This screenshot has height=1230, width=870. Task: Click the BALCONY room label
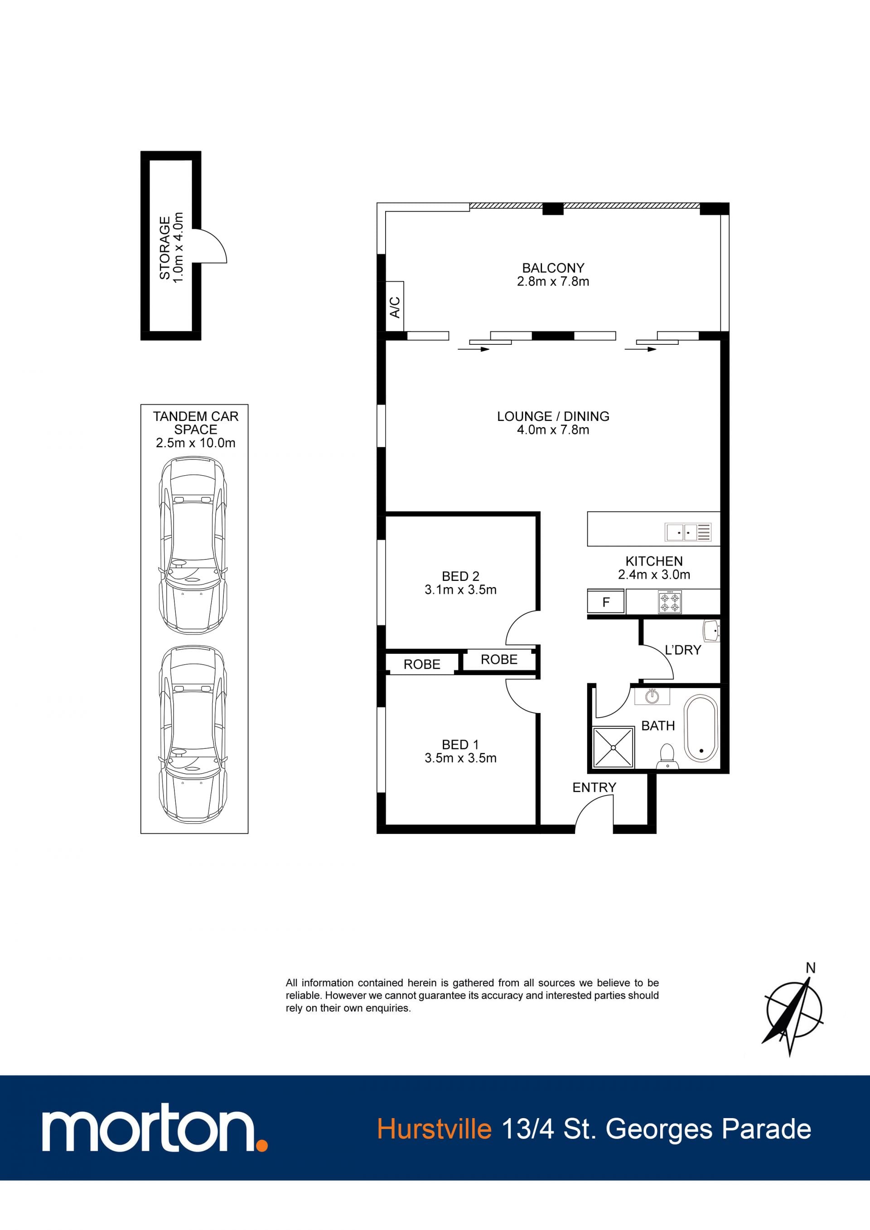[x=553, y=267]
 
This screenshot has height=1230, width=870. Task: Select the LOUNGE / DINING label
[x=553, y=416]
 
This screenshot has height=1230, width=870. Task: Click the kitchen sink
[x=688, y=532]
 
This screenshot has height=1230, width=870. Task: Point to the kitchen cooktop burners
[x=670, y=602]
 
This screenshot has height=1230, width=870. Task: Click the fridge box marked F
[x=606, y=602]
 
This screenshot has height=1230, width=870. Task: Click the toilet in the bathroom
[x=667, y=756]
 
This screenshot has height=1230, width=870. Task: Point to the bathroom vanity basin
[x=652, y=696]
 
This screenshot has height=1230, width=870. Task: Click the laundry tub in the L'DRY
[x=712, y=631]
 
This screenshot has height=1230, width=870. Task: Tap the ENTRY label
[x=594, y=787]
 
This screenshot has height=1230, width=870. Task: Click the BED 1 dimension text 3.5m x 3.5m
[x=460, y=758]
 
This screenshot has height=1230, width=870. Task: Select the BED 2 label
[x=460, y=576]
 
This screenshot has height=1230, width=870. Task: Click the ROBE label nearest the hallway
[x=499, y=660]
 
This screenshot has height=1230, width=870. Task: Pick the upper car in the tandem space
[x=193, y=545]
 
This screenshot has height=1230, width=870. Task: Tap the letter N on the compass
[x=811, y=968]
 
